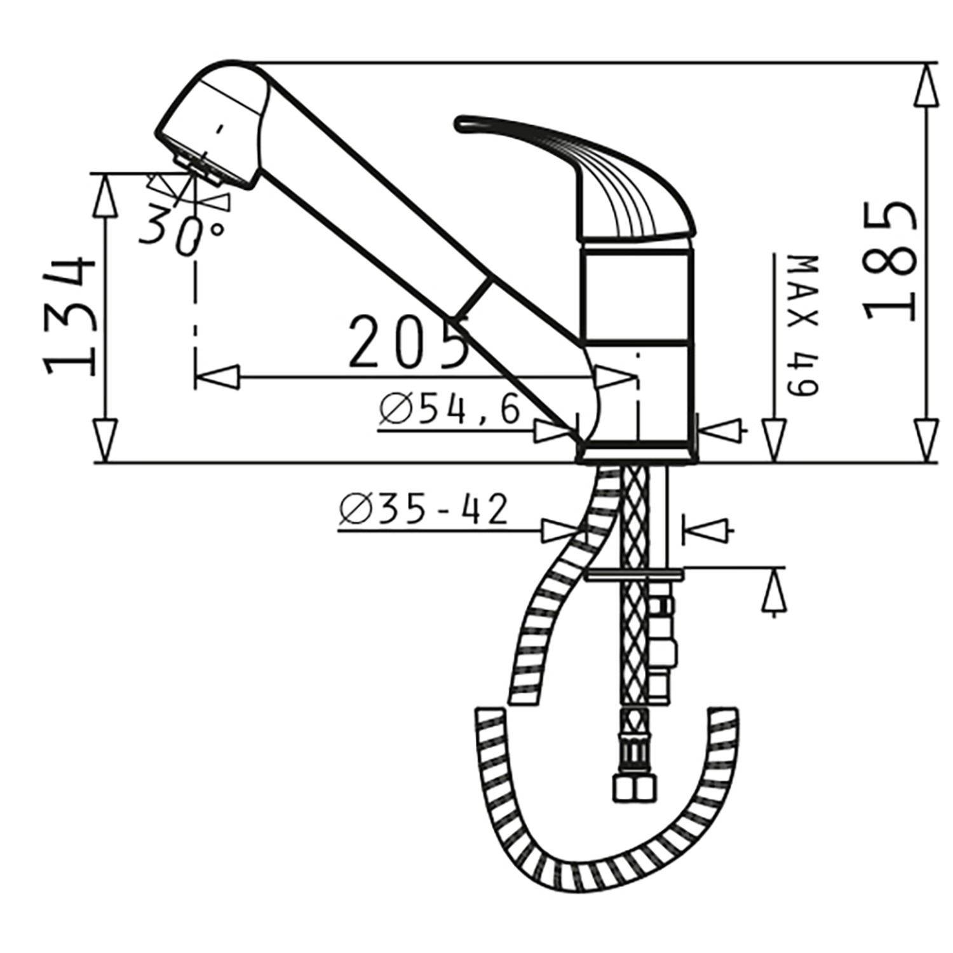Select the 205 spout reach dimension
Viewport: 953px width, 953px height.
tap(407, 342)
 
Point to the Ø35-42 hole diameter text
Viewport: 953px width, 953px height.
tap(424, 510)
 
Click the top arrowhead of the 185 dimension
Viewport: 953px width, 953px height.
tap(928, 86)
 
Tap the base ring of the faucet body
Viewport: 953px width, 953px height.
tap(635, 452)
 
